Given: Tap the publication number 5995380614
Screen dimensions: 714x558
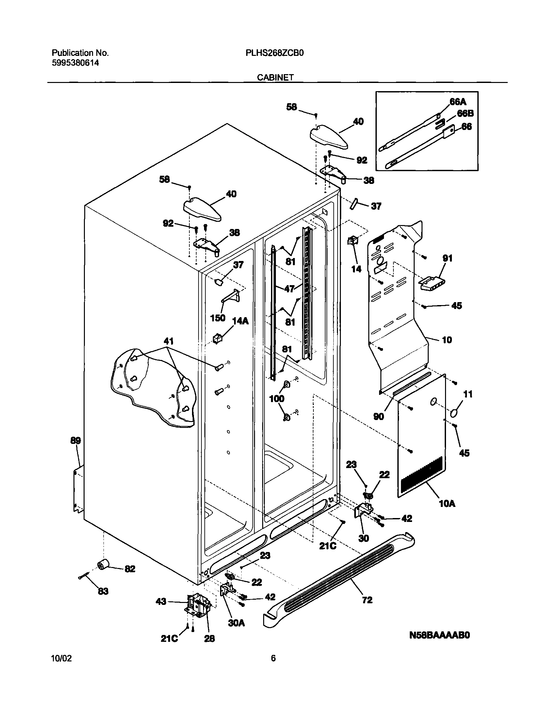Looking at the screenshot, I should coord(75,63).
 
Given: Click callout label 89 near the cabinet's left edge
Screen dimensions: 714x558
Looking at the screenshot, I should coord(75,440).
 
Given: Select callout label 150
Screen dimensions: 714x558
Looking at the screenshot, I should coord(218,317).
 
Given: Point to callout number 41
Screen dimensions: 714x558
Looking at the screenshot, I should coord(168,341).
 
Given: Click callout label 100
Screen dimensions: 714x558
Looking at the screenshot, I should coord(277,398).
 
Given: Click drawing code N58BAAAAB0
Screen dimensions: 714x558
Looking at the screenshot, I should coord(439,635).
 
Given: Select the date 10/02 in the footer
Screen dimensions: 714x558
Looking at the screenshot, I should coord(61,667).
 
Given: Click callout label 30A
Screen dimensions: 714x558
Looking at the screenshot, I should coord(236,623).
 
